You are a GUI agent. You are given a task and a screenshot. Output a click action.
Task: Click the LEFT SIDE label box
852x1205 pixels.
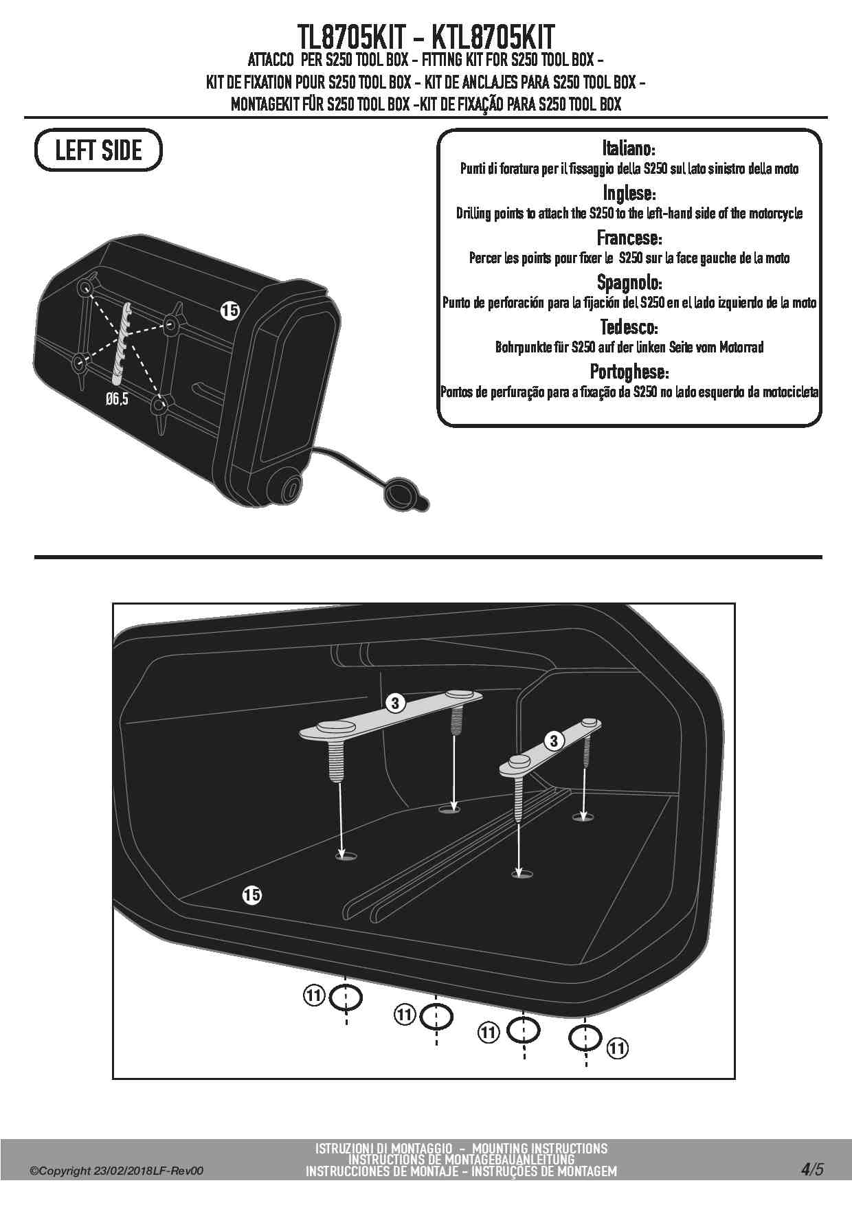(x=98, y=150)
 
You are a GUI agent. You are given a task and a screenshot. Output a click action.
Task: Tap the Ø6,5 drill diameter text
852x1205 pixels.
(x=117, y=399)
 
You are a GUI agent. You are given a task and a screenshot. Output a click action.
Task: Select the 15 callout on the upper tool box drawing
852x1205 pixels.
(x=229, y=311)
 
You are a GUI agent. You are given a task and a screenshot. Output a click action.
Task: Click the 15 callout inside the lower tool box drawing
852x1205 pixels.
(x=251, y=894)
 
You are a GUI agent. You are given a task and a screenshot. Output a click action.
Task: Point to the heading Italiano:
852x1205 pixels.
(x=629, y=148)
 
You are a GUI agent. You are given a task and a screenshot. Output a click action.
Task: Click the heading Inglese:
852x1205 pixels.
(x=629, y=193)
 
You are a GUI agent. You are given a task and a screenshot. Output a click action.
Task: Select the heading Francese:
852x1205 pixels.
(x=629, y=238)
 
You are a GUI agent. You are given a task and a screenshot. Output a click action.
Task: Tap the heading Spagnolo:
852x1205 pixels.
(x=629, y=282)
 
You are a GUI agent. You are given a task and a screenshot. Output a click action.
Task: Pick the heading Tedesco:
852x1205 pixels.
(x=629, y=327)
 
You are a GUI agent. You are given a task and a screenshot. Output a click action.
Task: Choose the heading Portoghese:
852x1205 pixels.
(x=629, y=372)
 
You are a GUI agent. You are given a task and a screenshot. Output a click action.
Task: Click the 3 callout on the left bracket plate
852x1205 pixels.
(x=394, y=703)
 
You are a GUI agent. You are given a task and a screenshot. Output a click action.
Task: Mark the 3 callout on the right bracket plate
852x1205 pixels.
(x=554, y=741)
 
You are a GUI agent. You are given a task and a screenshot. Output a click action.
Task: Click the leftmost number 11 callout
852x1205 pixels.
(x=313, y=995)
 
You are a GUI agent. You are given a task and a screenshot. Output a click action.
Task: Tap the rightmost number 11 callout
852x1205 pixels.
(x=618, y=1048)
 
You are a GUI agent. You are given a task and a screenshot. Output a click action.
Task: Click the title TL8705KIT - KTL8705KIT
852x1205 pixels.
(x=426, y=36)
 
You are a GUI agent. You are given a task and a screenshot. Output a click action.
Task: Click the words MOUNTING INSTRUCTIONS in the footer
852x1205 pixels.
(x=540, y=1149)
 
